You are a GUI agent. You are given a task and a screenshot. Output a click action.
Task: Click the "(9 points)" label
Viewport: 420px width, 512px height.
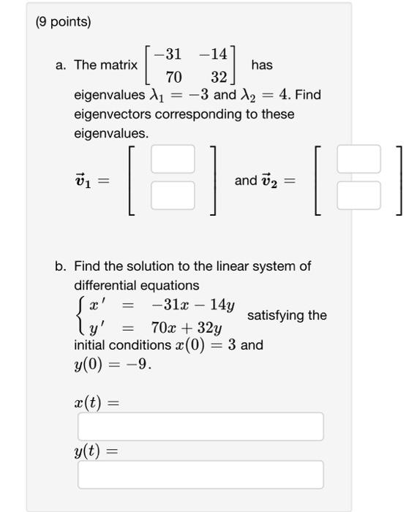pyautogui.click(x=64, y=22)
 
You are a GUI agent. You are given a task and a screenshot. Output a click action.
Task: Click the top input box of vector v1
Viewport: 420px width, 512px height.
pyautogui.click(x=173, y=159)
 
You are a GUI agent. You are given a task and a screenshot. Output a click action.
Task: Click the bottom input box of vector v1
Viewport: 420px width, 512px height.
pyautogui.click(x=173, y=195)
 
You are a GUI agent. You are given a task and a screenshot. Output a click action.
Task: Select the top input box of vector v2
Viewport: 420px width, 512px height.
pyautogui.click(x=359, y=159)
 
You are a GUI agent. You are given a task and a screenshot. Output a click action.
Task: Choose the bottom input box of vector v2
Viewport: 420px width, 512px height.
pyautogui.click(x=359, y=195)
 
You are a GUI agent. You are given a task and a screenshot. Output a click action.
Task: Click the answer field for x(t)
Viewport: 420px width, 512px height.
pyautogui.click(x=200, y=426)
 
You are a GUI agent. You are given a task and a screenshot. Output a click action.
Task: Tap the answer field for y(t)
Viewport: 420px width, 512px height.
pyautogui.click(x=200, y=475)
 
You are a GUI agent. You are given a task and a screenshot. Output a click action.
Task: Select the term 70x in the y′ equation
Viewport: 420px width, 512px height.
pyautogui.click(x=166, y=326)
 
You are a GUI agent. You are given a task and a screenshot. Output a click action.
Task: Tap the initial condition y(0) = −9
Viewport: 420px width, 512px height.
pyautogui.click(x=112, y=364)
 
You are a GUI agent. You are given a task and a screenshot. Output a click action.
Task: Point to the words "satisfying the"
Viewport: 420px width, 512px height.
pyautogui.click(x=287, y=315)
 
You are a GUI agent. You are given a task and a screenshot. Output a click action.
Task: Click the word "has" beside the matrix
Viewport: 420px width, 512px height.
pyautogui.click(x=261, y=65)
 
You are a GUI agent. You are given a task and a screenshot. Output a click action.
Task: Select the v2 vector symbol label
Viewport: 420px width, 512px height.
pyautogui.click(x=268, y=180)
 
